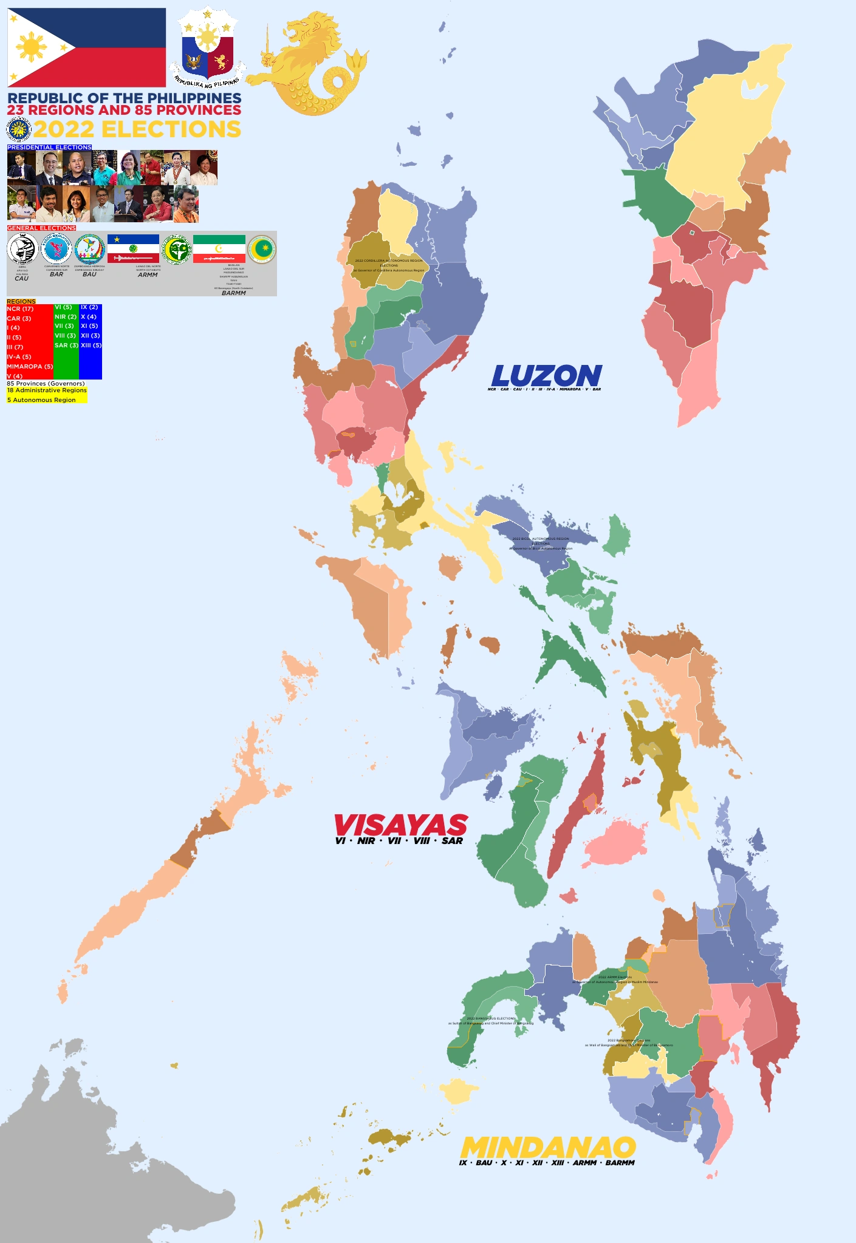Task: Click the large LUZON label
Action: [546, 376]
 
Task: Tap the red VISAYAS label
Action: [401, 825]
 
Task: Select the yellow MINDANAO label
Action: [548, 1147]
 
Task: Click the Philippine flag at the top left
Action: [86, 47]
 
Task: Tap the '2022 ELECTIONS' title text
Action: [137, 129]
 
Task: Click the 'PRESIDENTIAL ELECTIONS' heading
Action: [49, 148]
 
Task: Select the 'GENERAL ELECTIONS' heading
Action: [41, 228]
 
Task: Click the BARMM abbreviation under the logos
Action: [234, 293]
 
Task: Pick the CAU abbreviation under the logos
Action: [21, 278]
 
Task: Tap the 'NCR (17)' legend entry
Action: [21, 309]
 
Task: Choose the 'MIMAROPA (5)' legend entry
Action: [30, 367]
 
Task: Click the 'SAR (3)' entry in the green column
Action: [66, 346]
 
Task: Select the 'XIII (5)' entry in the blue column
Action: [91, 346]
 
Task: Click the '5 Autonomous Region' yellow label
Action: [42, 400]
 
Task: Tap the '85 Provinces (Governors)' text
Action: [46, 384]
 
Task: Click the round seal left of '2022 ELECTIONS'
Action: [18, 130]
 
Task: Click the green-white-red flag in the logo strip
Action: [219, 249]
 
